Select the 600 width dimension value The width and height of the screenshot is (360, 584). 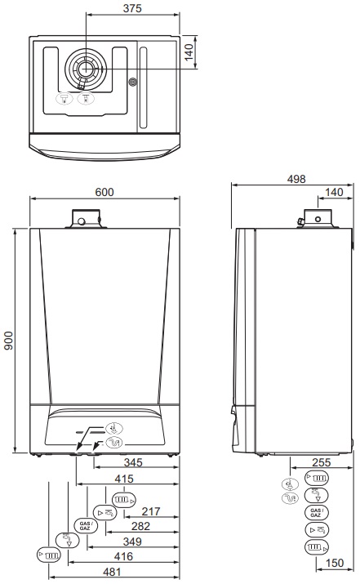[x=104, y=192]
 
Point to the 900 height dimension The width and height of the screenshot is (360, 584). [x=9, y=341]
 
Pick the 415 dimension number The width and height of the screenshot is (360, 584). [x=124, y=479]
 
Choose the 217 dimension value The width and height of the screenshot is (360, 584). [x=150, y=511]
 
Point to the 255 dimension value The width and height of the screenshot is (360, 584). [x=322, y=463]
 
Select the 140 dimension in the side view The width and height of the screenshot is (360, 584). [x=335, y=192]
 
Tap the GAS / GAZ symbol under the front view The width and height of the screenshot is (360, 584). [x=86, y=525]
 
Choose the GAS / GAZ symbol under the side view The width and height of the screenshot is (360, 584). [x=315, y=512]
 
